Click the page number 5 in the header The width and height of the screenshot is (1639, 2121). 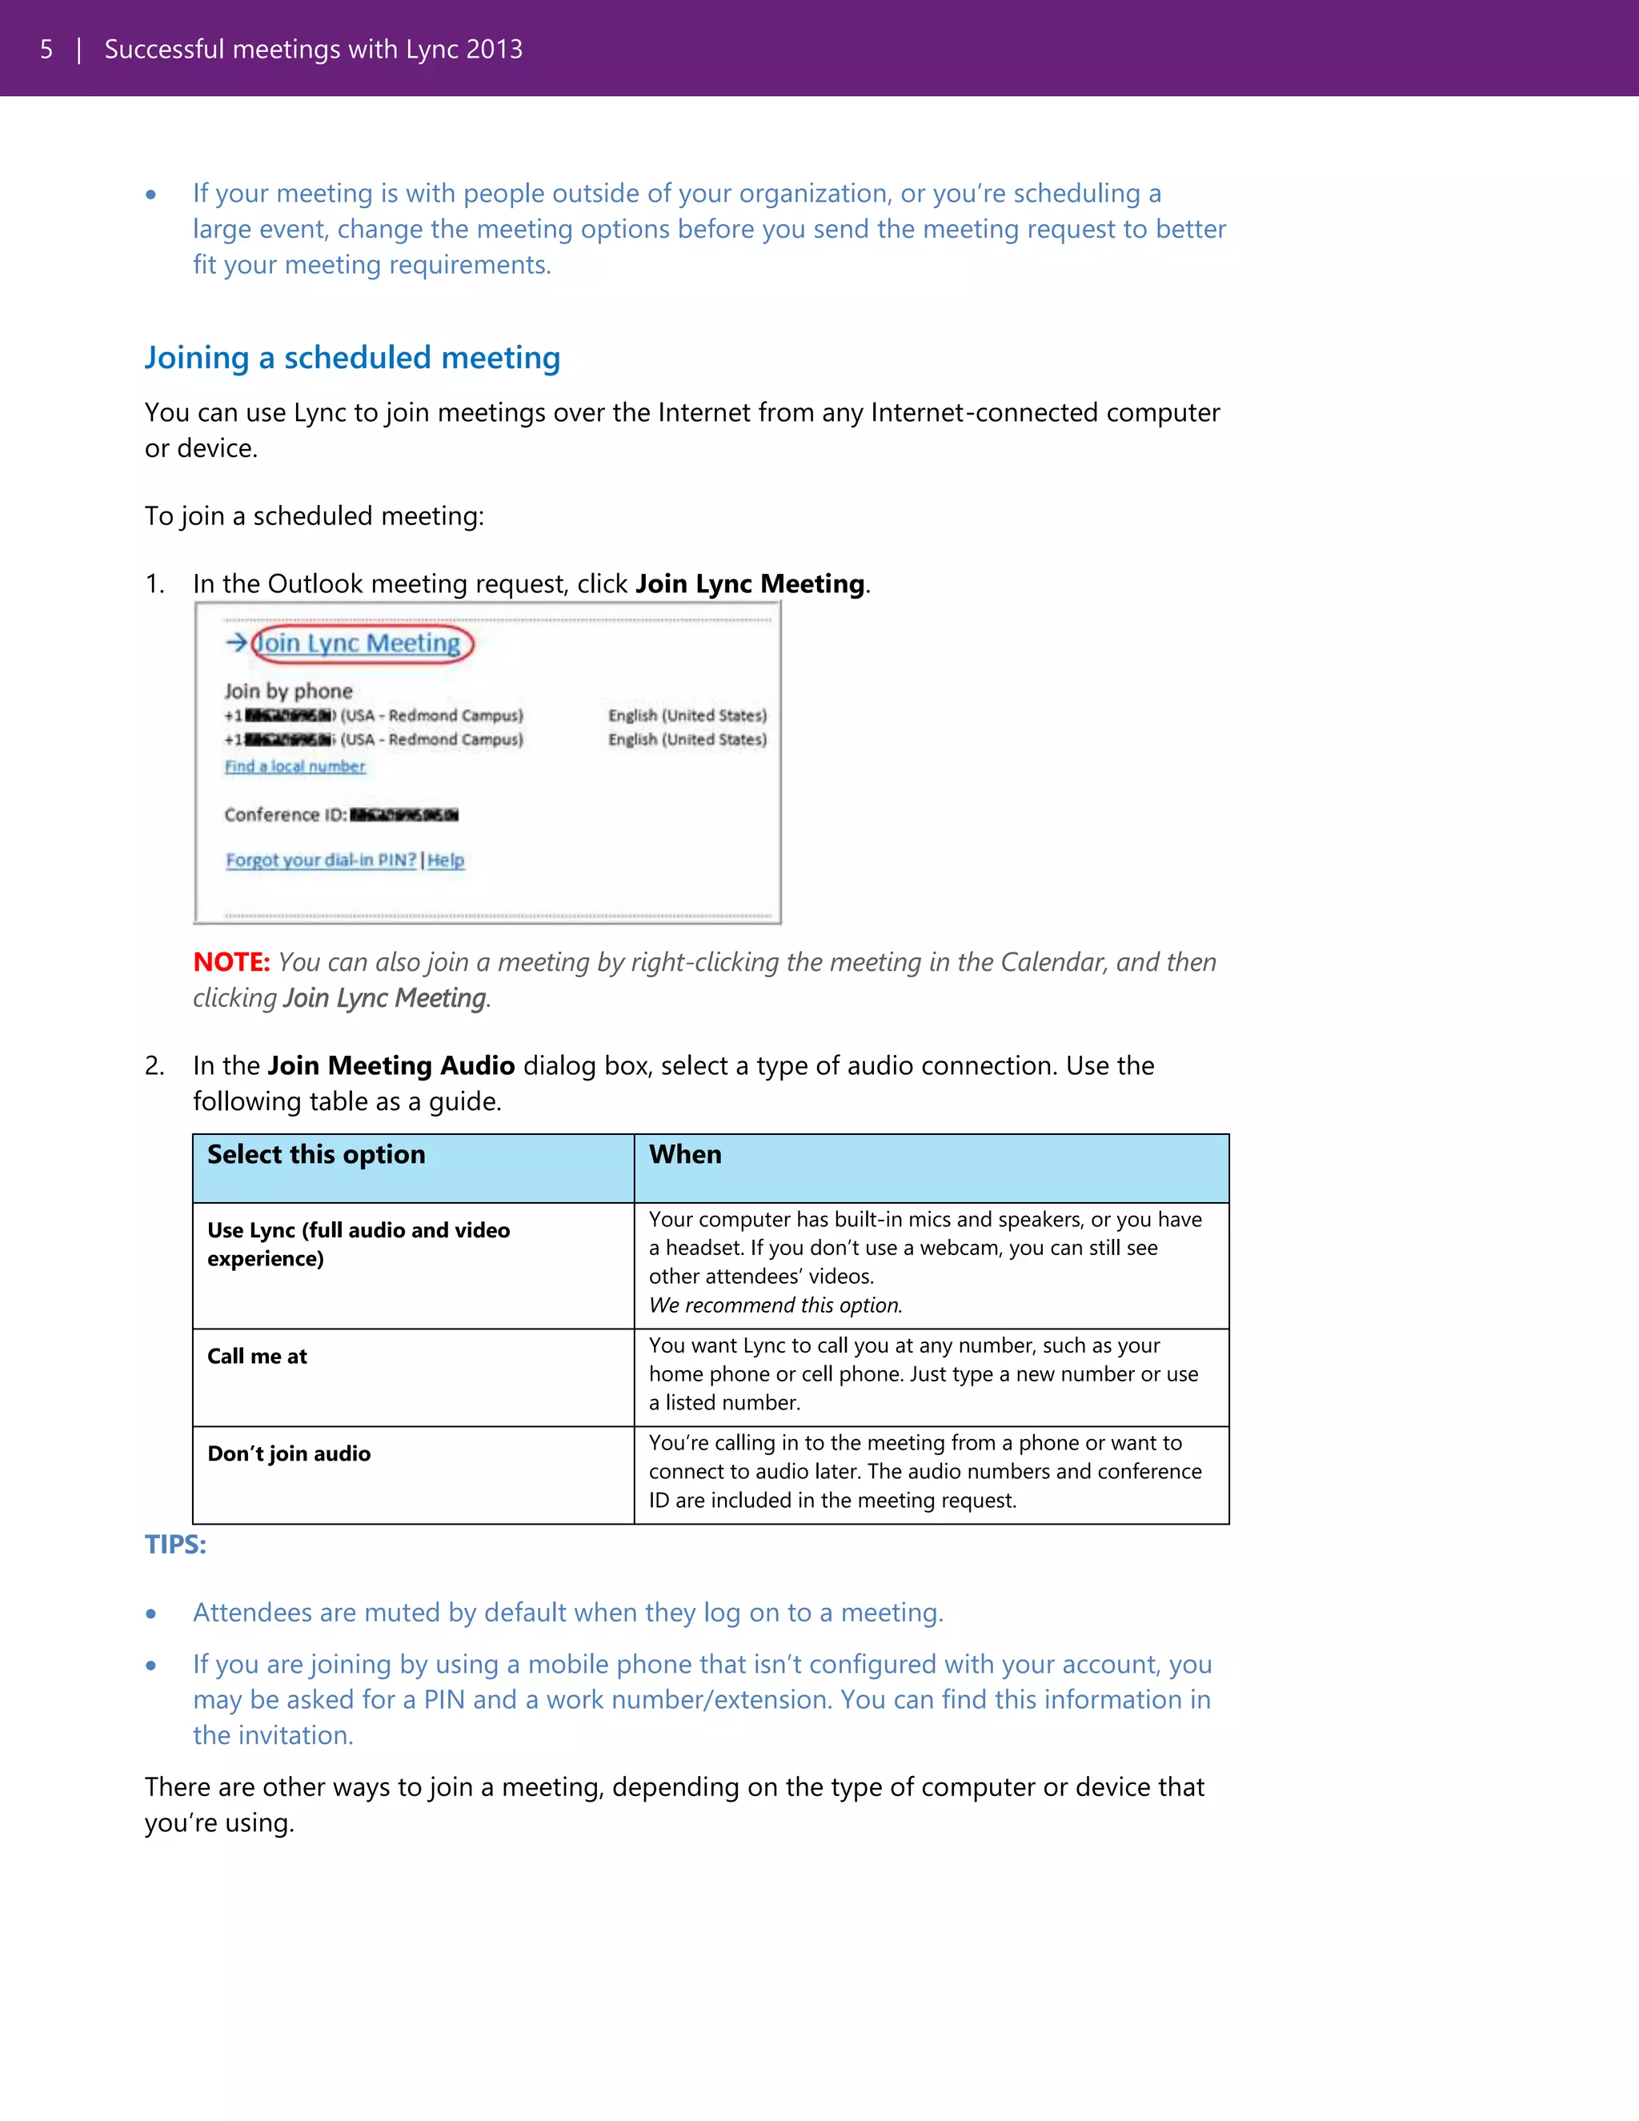click(46, 50)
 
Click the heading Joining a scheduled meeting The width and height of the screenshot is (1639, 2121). click(352, 359)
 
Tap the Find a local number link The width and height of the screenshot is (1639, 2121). click(295, 766)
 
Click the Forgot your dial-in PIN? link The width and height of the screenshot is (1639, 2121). click(320, 860)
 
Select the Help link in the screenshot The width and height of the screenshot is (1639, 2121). click(446, 860)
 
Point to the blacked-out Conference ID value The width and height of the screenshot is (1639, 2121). click(404, 815)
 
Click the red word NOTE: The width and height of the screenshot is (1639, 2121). click(231, 962)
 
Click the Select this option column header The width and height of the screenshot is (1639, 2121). click(317, 1155)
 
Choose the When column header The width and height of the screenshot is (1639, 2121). click(686, 1155)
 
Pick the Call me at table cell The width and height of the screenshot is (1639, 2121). click(258, 1357)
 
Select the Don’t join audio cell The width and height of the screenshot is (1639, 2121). click(290, 1453)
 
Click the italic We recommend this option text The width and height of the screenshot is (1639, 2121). click(775, 1305)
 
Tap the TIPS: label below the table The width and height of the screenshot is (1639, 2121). click(176, 1544)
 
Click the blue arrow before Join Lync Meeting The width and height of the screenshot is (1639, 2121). click(236, 643)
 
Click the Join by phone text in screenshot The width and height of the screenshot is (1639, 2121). click(288, 692)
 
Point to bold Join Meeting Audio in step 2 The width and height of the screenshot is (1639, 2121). click(391, 1066)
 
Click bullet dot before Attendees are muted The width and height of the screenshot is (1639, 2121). click(150, 1614)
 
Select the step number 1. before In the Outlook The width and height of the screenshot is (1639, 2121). click(154, 584)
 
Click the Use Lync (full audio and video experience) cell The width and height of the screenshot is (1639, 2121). click(359, 1244)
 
